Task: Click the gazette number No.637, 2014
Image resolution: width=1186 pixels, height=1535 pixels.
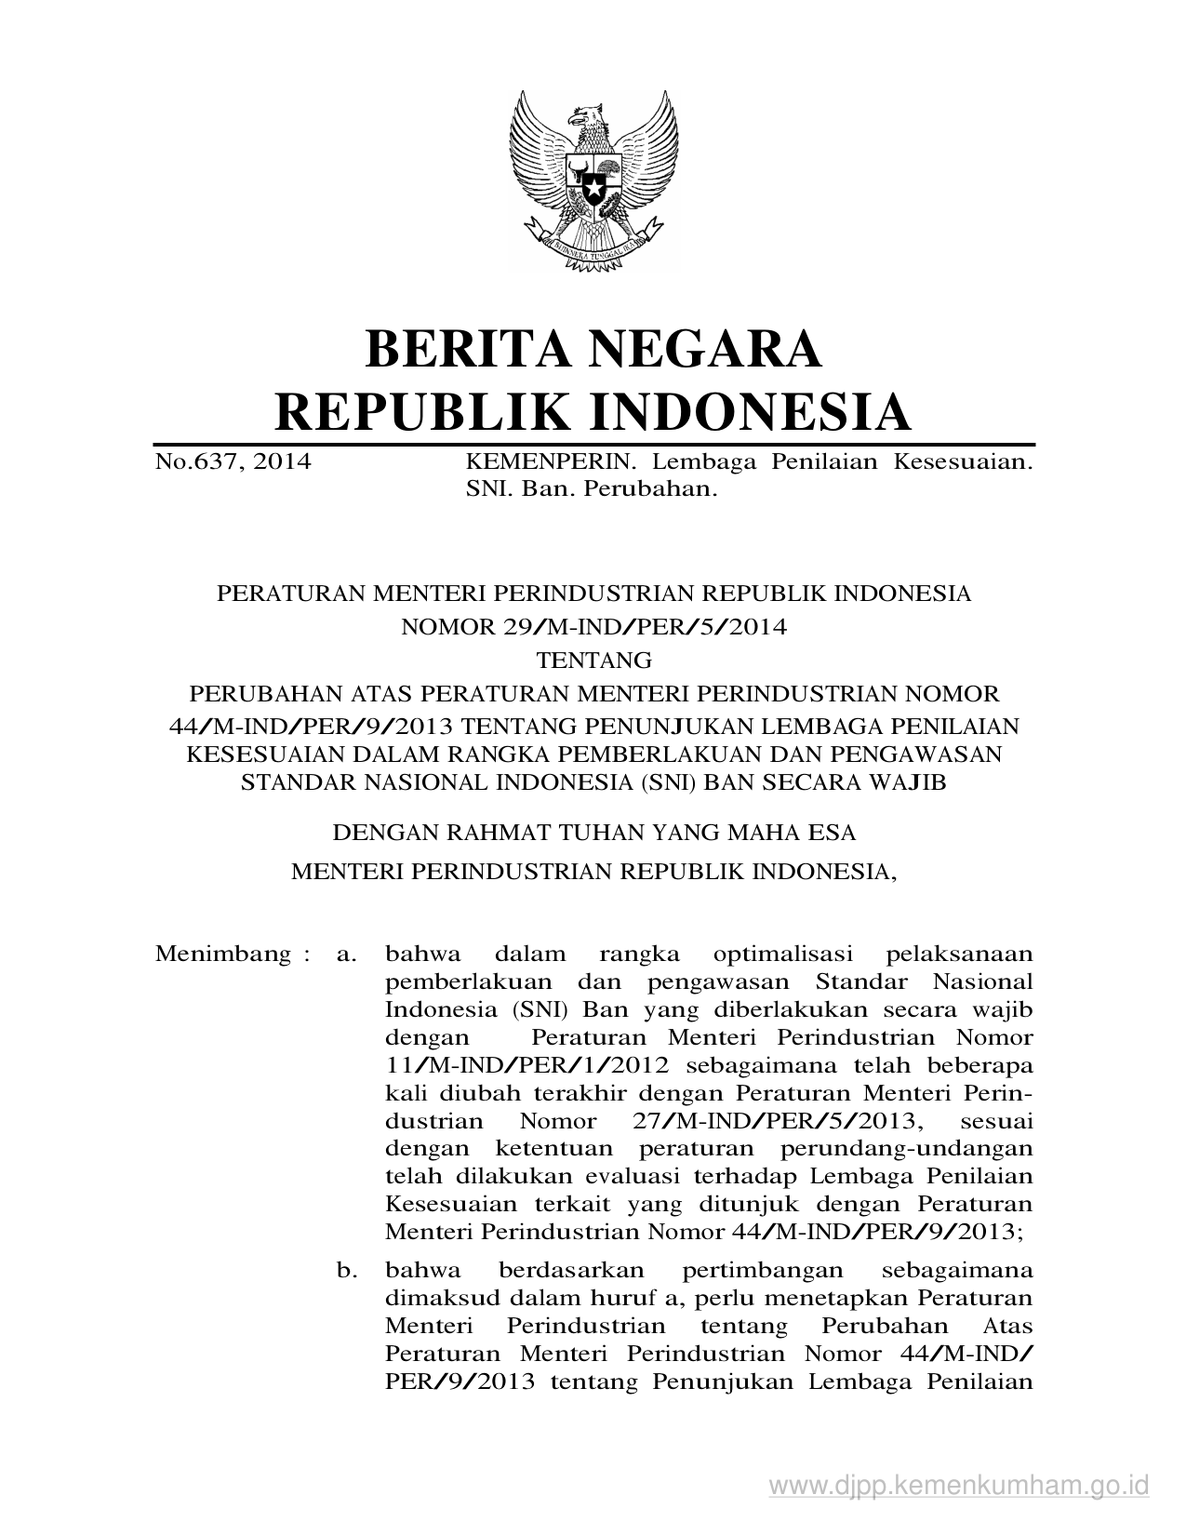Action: click(233, 461)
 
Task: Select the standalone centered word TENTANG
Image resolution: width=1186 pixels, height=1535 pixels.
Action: click(594, 661)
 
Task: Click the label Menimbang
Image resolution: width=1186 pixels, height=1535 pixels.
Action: click(222, 954)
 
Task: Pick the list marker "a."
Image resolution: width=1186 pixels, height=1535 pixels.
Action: click(346, 954)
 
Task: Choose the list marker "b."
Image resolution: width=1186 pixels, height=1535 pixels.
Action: click(347, 1270)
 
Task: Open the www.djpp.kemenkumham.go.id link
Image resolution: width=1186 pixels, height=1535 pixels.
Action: click(959, 1483)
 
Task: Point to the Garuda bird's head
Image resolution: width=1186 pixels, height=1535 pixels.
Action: click(585, 118)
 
